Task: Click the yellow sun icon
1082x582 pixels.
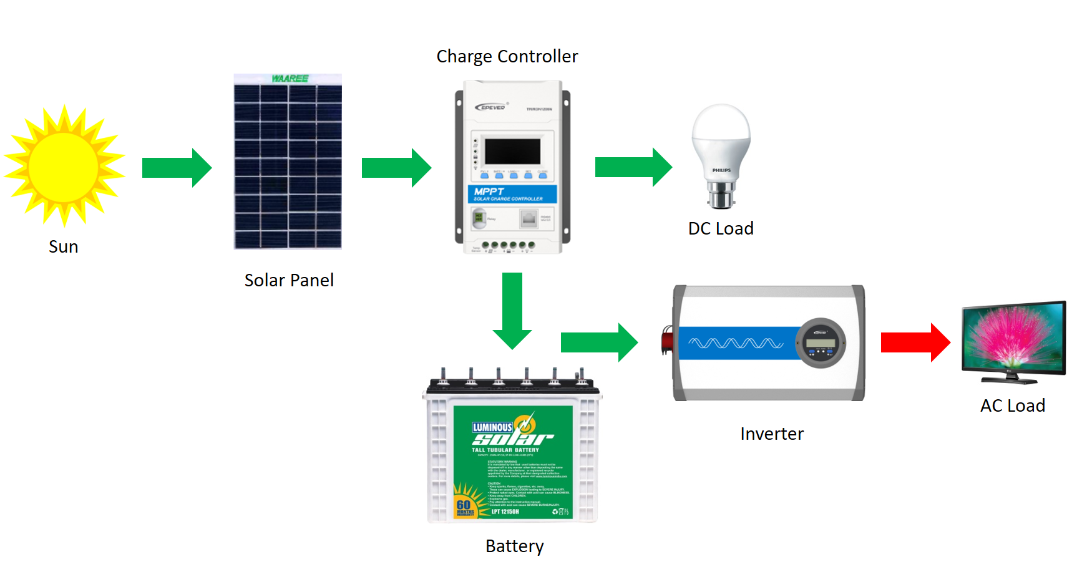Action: click(x=64, y=166)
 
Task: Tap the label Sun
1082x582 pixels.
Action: click(x=64, y=247)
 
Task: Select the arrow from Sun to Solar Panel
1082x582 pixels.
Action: click(x=177, y=168)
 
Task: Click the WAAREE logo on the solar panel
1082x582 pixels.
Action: click(x=290, y=79)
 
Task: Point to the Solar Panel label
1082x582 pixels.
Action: click(x=289, y=281)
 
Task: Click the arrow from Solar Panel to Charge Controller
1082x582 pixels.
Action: click(x=396, y=168)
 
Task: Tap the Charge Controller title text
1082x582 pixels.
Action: click(x=507, y=57)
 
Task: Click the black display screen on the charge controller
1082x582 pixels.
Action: click(x=512, y=152)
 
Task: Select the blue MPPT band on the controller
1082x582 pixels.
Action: click(x=512, y=193)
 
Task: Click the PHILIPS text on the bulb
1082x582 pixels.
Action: click(x=721, y=170)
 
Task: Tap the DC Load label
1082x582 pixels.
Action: click(x=721, y=229)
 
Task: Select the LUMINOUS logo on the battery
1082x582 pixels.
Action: click(x=492, y=427)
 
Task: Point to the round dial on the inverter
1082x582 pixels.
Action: click(x=821, y=343)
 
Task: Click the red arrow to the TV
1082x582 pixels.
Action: click(x=915, y=342)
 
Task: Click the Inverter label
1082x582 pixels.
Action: click(x=772, y=434)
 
